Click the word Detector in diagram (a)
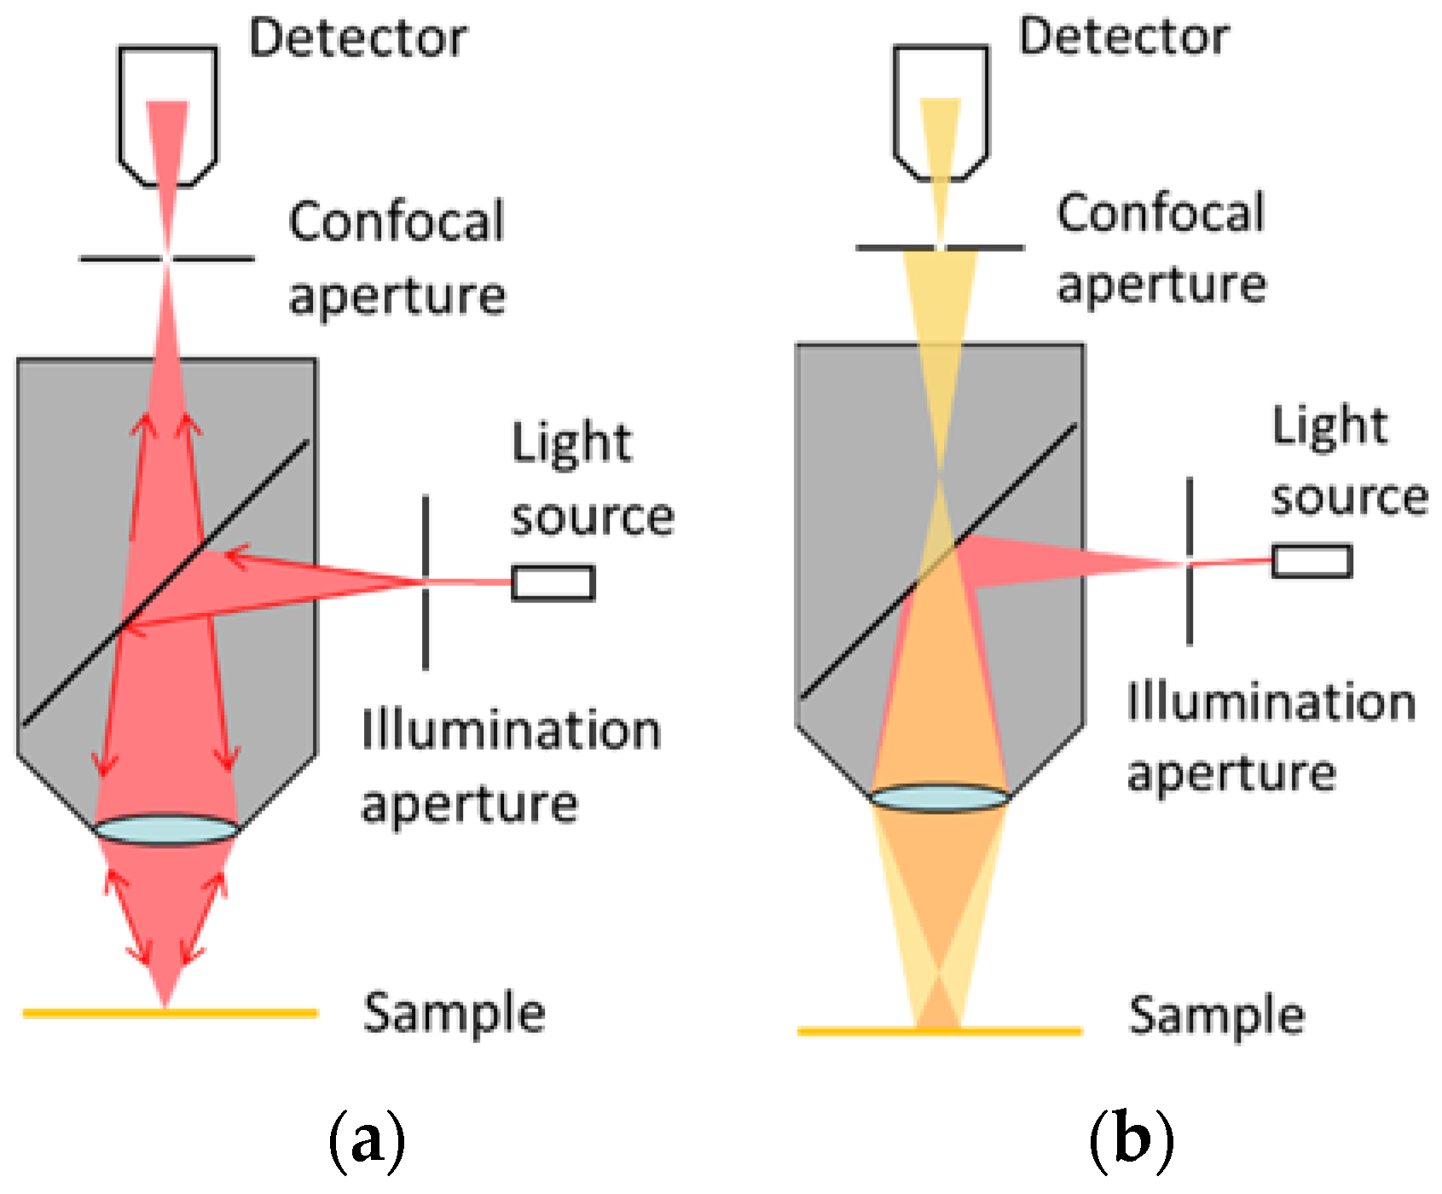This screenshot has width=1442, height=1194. pyautogui.click(x=357, y=38)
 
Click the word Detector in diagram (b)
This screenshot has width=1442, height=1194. pyautogui.click(x=1124, y=37)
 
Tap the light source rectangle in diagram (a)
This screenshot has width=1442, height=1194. pyautogui.click(x=553, y=583)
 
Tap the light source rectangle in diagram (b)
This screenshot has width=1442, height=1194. pyautogui.click(x=1312, y=561)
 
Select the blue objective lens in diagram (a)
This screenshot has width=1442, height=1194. pyautogui.click(x=166, y=830)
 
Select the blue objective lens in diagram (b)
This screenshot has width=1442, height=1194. pyautogui.click(x=940, y=798)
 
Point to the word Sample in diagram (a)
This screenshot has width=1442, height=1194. pyautogui.click(x=454, y=1013)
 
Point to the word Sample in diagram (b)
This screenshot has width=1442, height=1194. pyautogui.click(x=1216, y=1016)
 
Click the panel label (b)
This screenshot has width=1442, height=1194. pyautogui.click(x=1131, y=1139)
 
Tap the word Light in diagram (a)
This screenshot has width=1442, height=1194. pyautogui.click(x=571, y=443)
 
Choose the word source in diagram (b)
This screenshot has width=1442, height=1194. pyautogui.click(x=1349, y=497)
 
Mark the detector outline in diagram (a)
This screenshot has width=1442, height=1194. pyautogui.click(x=120, y=102)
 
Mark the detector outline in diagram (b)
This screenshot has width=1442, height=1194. pyautogui.click(x=895, y=102)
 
